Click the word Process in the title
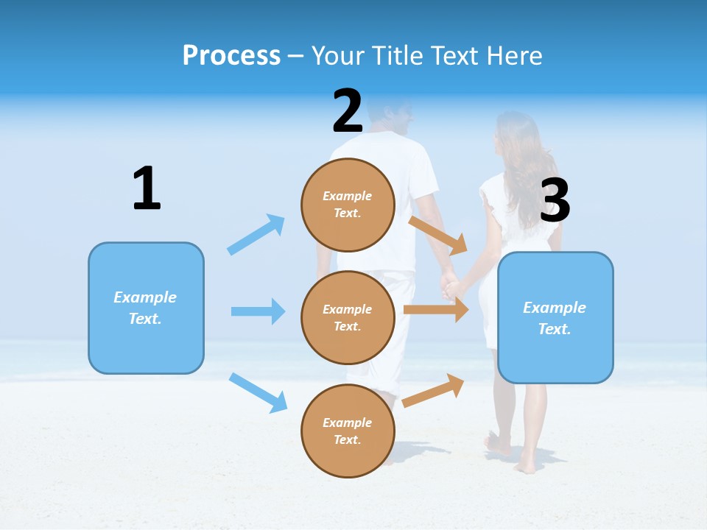pos(231,55)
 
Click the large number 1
pos(147,188)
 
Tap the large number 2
pos(348,111)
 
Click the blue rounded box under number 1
pos(146,308)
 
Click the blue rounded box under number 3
pos(555,317)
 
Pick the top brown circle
pos(348,205)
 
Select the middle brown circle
pos(348,317)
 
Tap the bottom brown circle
pos(348,431)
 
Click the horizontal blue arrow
pos(258,311)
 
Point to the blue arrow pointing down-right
pos(258,392)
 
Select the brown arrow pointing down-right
pos(439,236)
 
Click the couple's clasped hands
pos(449,285)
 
